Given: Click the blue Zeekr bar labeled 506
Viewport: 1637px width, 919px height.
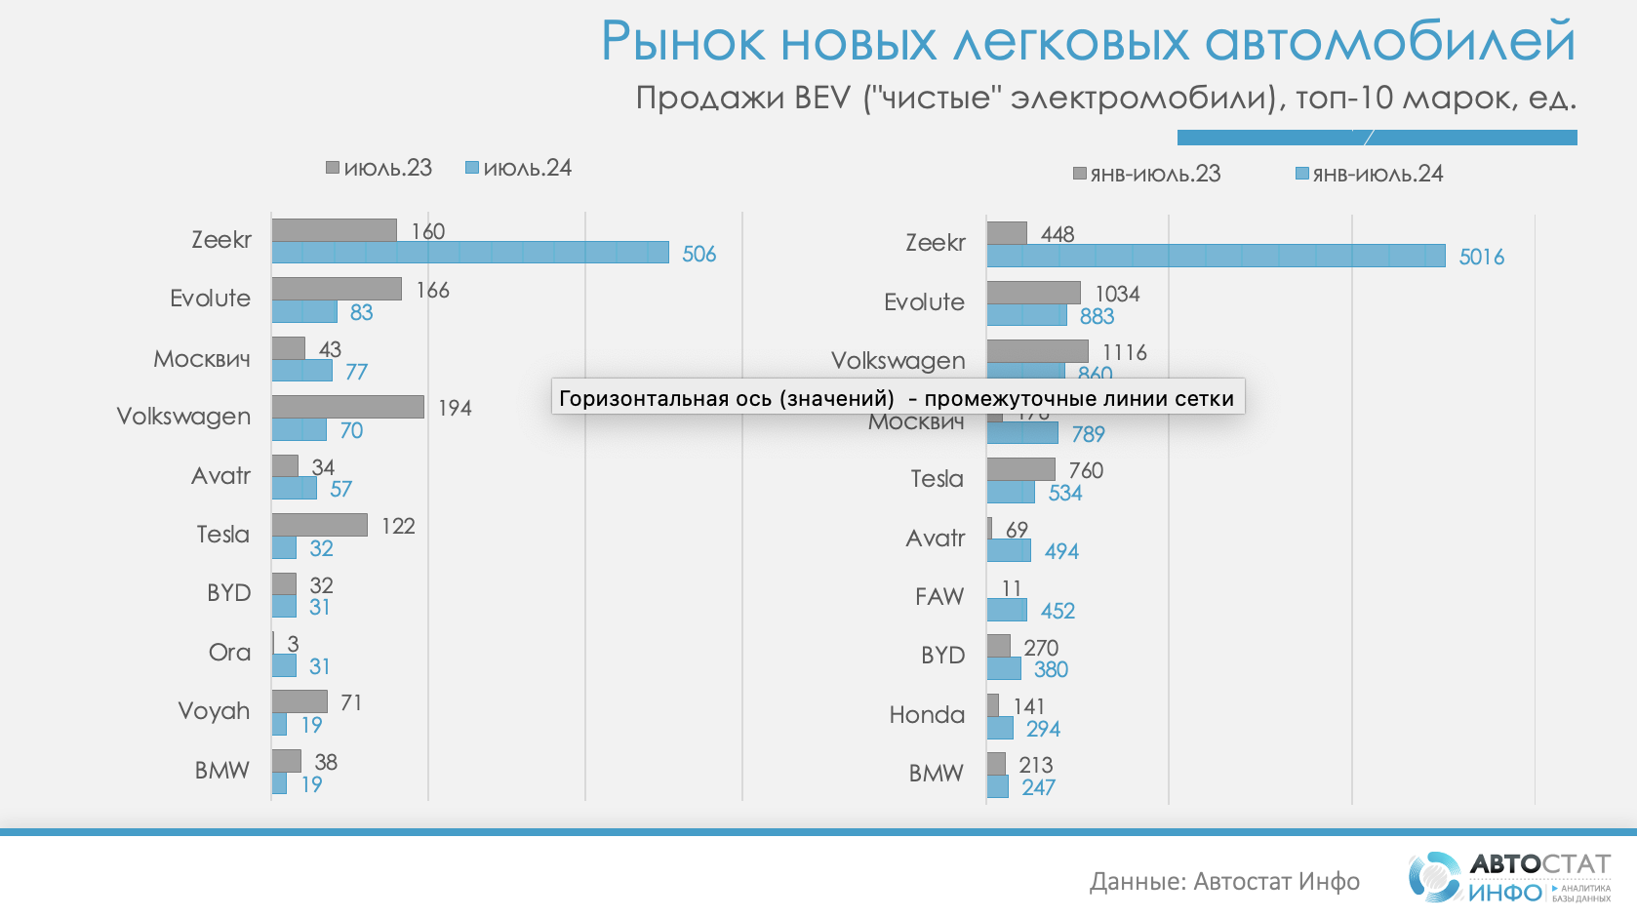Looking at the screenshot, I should coord(470,253).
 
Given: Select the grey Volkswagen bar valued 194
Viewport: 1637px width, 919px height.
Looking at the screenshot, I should coord(347,407).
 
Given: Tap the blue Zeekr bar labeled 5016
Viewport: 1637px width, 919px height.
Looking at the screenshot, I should coord(1216,256).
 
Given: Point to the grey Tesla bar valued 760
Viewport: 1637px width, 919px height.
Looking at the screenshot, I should coord(1020,469).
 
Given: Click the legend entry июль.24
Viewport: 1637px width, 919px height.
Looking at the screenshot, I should coord(518,168).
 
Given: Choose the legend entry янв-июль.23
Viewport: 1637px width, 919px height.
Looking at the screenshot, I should coord(1146,174).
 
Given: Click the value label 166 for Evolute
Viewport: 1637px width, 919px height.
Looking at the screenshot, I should coord(432,290).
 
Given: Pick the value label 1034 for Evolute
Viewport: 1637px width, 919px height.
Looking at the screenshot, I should coord(1117,294).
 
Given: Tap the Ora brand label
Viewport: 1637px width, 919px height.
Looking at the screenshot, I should coord(229,652).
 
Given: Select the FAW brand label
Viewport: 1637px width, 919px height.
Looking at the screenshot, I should coord(938,596).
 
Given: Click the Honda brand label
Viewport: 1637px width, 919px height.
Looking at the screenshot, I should coord(927,714).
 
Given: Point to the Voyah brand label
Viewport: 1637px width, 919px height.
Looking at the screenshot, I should coord(214,710).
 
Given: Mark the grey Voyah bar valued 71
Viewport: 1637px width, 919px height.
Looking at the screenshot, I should coord(299,701).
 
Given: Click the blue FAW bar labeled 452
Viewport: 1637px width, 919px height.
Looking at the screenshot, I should coord(1007,611).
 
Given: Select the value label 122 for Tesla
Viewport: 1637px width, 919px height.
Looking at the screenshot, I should coord(398,526).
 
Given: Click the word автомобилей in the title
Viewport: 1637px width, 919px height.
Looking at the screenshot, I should coord(1390,42).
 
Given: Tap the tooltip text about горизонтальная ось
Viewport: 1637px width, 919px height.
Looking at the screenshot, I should coord(897,398).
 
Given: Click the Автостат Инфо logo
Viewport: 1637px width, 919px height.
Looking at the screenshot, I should coord(1508,877).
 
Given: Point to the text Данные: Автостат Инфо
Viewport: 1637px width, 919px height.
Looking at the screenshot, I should coord(1224,882).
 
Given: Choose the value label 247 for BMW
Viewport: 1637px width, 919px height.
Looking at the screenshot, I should coord(1038,787).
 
